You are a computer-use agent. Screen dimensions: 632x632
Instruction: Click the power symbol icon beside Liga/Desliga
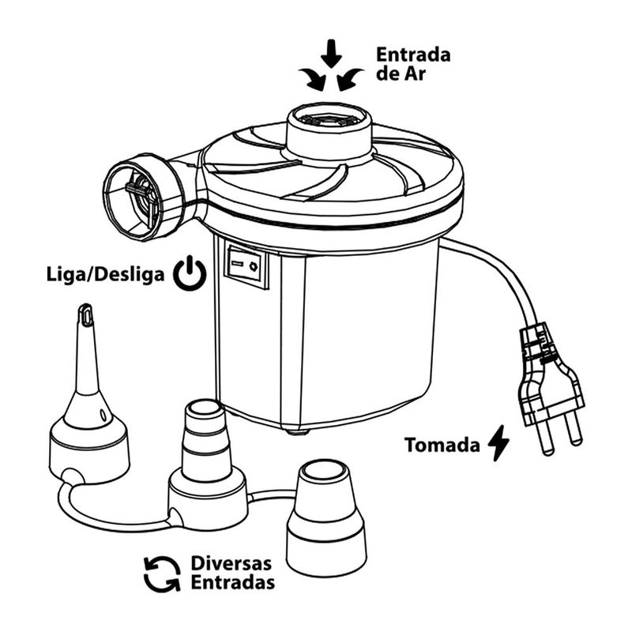pyautogui.click(x=190, y=275)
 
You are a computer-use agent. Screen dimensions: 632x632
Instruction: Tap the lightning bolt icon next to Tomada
pyautogui.click(x=498, y=443)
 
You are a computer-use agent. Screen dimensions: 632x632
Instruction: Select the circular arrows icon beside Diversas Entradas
pyautogui.click(x=162, y=573)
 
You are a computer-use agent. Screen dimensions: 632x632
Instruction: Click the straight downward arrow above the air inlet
pyautogui.click(x=332, y=53)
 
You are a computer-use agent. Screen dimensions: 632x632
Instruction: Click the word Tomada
pyautogui.click(x=442, y=445)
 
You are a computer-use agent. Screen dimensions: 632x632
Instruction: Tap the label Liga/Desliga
pyautogui.click(x=105, y=275)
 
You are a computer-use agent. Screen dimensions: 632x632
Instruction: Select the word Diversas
pyautogui.click(x=231, y=563)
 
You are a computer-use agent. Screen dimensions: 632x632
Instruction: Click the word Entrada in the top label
pyautogui.click(x=413, y=56)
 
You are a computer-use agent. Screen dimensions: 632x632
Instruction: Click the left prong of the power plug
pyautogui.click(x=545, y=438)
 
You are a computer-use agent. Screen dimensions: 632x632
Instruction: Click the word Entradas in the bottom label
pyautogui.click(x=233, y=583)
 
